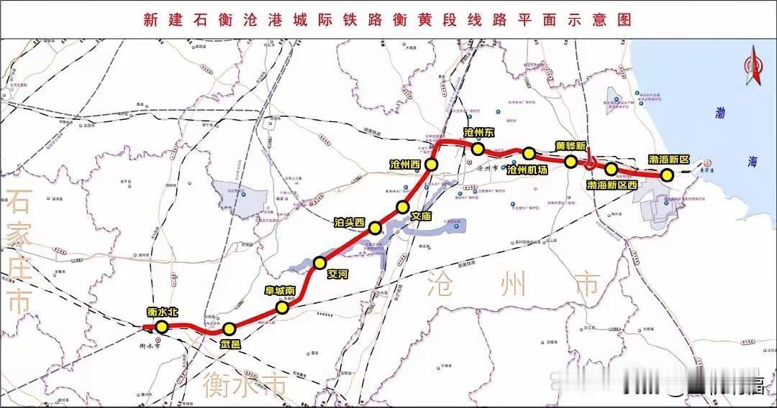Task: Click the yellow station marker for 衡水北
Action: [162, 327]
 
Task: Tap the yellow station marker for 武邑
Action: [229, 329]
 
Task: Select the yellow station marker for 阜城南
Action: [283, 307]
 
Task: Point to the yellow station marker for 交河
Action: [320, 262]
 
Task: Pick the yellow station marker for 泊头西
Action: [375, 228]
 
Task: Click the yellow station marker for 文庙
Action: [403, 208]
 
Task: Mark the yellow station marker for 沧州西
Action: [432, 165]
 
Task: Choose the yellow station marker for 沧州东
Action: [477, 149]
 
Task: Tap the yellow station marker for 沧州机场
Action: [529, 153]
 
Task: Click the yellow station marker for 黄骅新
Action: [571, 162]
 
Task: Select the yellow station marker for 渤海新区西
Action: [612, 170]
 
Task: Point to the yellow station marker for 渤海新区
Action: [667, 175]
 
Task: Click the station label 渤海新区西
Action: [612, 185]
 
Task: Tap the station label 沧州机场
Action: [527, 170]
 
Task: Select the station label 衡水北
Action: [161, 312]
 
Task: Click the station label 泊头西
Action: [350, 221]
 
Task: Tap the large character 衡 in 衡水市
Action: [217, 386]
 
